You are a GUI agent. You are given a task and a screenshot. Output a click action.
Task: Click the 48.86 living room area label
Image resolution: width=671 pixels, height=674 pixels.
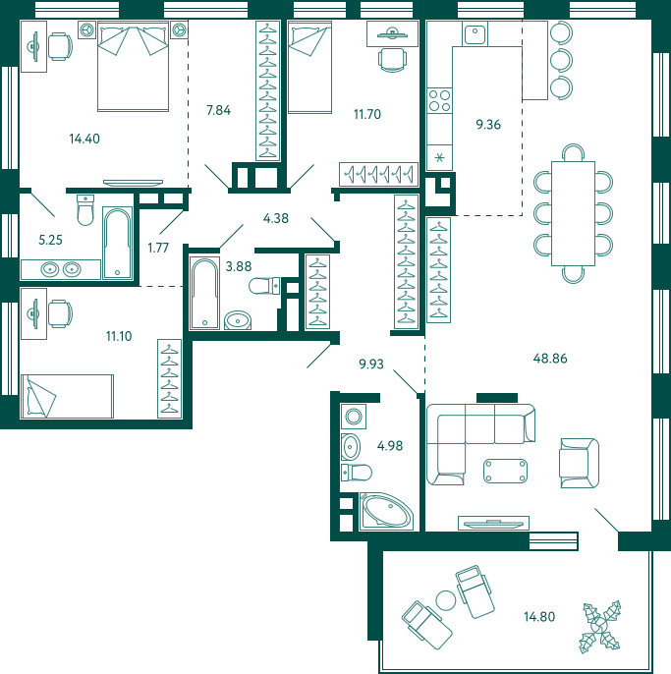(550, 358)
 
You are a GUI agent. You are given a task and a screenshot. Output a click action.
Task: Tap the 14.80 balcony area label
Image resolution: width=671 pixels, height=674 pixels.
(539, 617)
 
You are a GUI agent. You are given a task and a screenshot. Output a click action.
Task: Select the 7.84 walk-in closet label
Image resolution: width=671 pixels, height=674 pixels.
(218, 110)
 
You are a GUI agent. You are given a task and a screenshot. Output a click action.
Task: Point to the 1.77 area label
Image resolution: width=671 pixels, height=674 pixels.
(158, 248)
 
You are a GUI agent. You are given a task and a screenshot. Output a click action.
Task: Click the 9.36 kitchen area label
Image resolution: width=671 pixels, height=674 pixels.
(488, 125)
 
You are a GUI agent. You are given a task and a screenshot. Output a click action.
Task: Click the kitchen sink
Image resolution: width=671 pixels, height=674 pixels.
(475, 33)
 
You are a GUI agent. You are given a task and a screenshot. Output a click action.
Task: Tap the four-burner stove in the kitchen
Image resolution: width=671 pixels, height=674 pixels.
(440, 100)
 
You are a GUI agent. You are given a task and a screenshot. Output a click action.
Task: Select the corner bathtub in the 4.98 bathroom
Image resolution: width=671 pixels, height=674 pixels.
(386, 511)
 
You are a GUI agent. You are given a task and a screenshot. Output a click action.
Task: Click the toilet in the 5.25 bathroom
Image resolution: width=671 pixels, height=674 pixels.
(85, 210)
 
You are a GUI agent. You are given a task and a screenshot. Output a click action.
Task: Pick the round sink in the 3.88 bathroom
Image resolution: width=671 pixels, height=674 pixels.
(238, 320)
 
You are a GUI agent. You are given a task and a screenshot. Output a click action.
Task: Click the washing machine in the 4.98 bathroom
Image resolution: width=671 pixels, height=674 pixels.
(354, 417)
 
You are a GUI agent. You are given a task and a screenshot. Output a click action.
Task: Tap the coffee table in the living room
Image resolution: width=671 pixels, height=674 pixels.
(506, 472)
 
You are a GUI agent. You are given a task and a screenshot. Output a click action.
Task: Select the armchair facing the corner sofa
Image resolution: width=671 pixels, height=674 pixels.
(579, 463)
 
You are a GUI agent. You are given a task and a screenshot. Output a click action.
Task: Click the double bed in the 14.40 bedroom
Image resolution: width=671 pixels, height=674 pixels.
(133, 67)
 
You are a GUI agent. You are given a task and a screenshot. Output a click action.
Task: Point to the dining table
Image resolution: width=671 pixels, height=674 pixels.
(573, 213)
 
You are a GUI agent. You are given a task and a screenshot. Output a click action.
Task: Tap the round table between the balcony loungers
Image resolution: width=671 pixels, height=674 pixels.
(445, 600)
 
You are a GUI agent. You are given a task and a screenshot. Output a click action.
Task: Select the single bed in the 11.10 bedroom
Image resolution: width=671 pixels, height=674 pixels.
(67, 396)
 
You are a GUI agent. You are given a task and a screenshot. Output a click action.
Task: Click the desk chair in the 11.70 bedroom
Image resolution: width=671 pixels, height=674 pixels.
(392, 60)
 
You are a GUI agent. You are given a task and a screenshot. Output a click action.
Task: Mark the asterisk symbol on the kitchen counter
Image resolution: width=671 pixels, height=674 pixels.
(439, 158)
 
